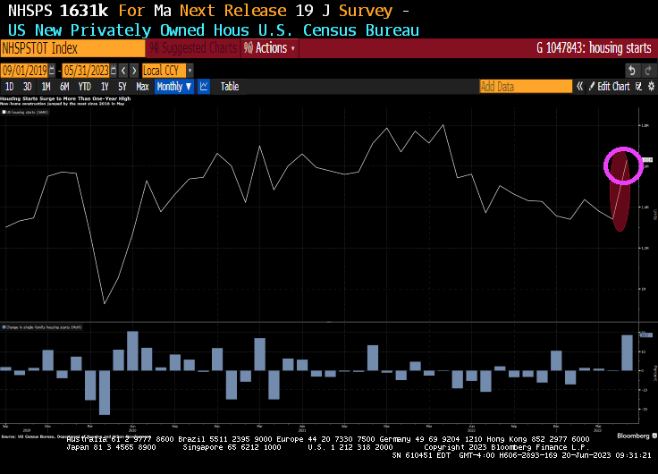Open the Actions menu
tap(270, 48)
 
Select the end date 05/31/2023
tap(86, 70)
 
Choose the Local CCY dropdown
tap(167, 70)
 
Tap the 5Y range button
tap(122, 87)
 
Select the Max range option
tap(142, 87)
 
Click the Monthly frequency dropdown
tap(174, 87)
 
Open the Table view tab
tap(230, 87)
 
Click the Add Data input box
tap(525, 87)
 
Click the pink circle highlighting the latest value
tap(623, 165)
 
